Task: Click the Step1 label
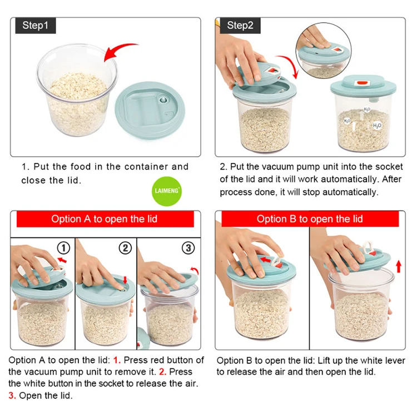tap(36, 26)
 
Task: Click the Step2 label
tap(240, 26)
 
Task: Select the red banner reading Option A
tap(105, 219)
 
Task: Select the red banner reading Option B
tap(310, 219)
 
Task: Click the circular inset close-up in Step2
tap(323, 51)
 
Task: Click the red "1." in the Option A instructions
tap(117, 360)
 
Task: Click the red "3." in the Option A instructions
tap(12, 396)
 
